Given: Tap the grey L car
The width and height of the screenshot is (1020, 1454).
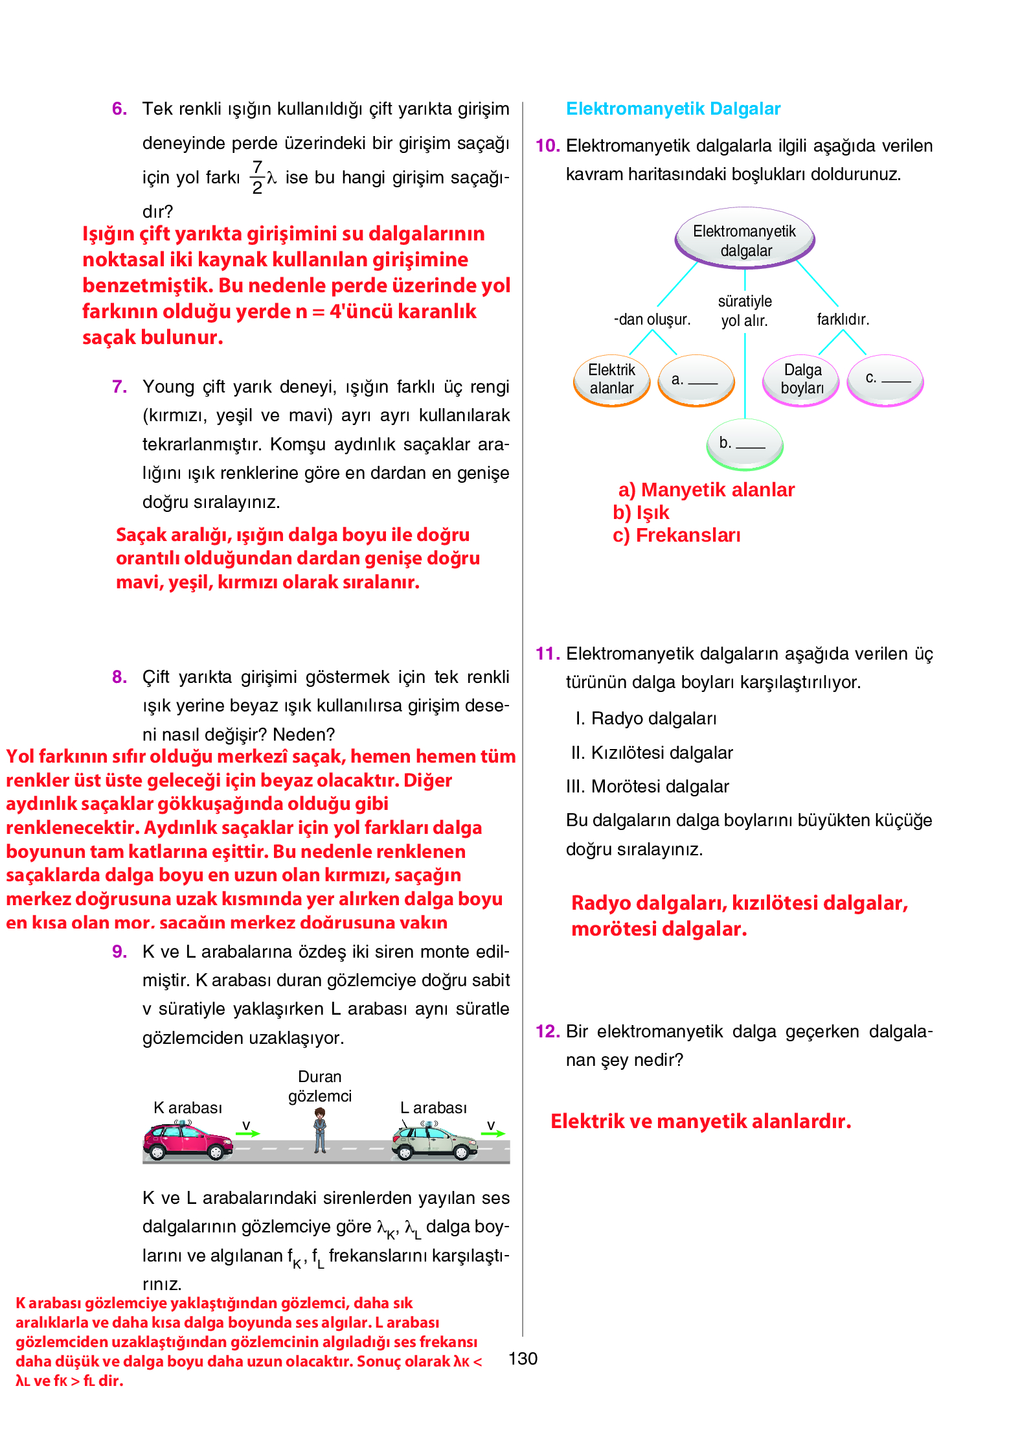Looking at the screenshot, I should pos(434,1142).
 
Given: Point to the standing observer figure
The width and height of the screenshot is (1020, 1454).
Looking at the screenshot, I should pos(320,1130).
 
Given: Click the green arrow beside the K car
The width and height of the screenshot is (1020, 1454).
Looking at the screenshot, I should pos(247,1133).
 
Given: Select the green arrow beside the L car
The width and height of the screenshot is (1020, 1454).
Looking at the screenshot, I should pos(493,1133).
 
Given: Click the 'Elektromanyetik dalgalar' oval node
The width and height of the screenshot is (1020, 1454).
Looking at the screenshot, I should pos(745,238).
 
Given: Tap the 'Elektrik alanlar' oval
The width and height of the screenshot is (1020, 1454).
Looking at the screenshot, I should pos(611,380).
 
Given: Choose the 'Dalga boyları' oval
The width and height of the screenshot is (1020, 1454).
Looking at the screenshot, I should pos(802,380).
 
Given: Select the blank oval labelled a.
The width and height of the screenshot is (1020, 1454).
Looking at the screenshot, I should pos(696,380).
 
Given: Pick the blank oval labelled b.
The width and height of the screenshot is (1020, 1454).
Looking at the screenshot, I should pos(744,444).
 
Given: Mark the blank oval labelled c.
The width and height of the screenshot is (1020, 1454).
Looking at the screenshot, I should pos(885,380).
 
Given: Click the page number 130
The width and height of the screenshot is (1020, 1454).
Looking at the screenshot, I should pos(523,1359).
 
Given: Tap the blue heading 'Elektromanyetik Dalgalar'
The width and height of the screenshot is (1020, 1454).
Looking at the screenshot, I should pos(673,109).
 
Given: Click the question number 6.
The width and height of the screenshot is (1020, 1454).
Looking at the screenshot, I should pos(119,109).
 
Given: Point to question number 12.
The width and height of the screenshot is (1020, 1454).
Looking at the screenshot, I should pos(547,1031).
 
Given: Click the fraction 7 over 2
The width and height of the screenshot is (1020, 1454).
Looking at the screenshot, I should pos(258,178).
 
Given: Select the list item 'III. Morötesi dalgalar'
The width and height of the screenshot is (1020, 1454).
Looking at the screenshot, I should pos(647,787).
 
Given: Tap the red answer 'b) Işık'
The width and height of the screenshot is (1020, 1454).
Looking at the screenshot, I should pos(640,513).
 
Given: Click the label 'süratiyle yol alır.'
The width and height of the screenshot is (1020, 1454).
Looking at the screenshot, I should pos(745,311).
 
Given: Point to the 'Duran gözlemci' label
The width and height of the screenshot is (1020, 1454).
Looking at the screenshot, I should pos(320,1086).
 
